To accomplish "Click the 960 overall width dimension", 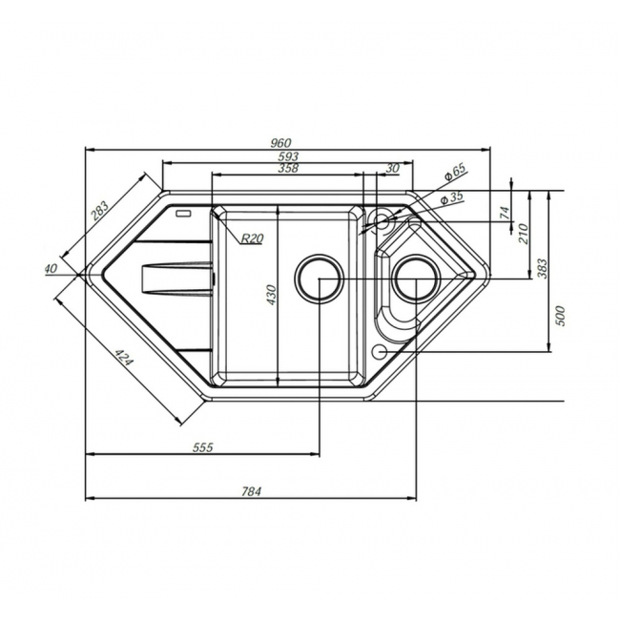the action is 281,143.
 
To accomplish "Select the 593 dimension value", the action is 288,156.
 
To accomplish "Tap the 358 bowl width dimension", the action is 288,168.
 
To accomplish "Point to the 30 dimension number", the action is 392,168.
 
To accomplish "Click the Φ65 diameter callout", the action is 455,172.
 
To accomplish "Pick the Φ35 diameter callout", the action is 451,197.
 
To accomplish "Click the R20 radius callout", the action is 252,238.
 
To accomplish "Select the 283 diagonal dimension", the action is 99,211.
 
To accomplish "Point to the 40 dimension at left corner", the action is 51,268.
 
